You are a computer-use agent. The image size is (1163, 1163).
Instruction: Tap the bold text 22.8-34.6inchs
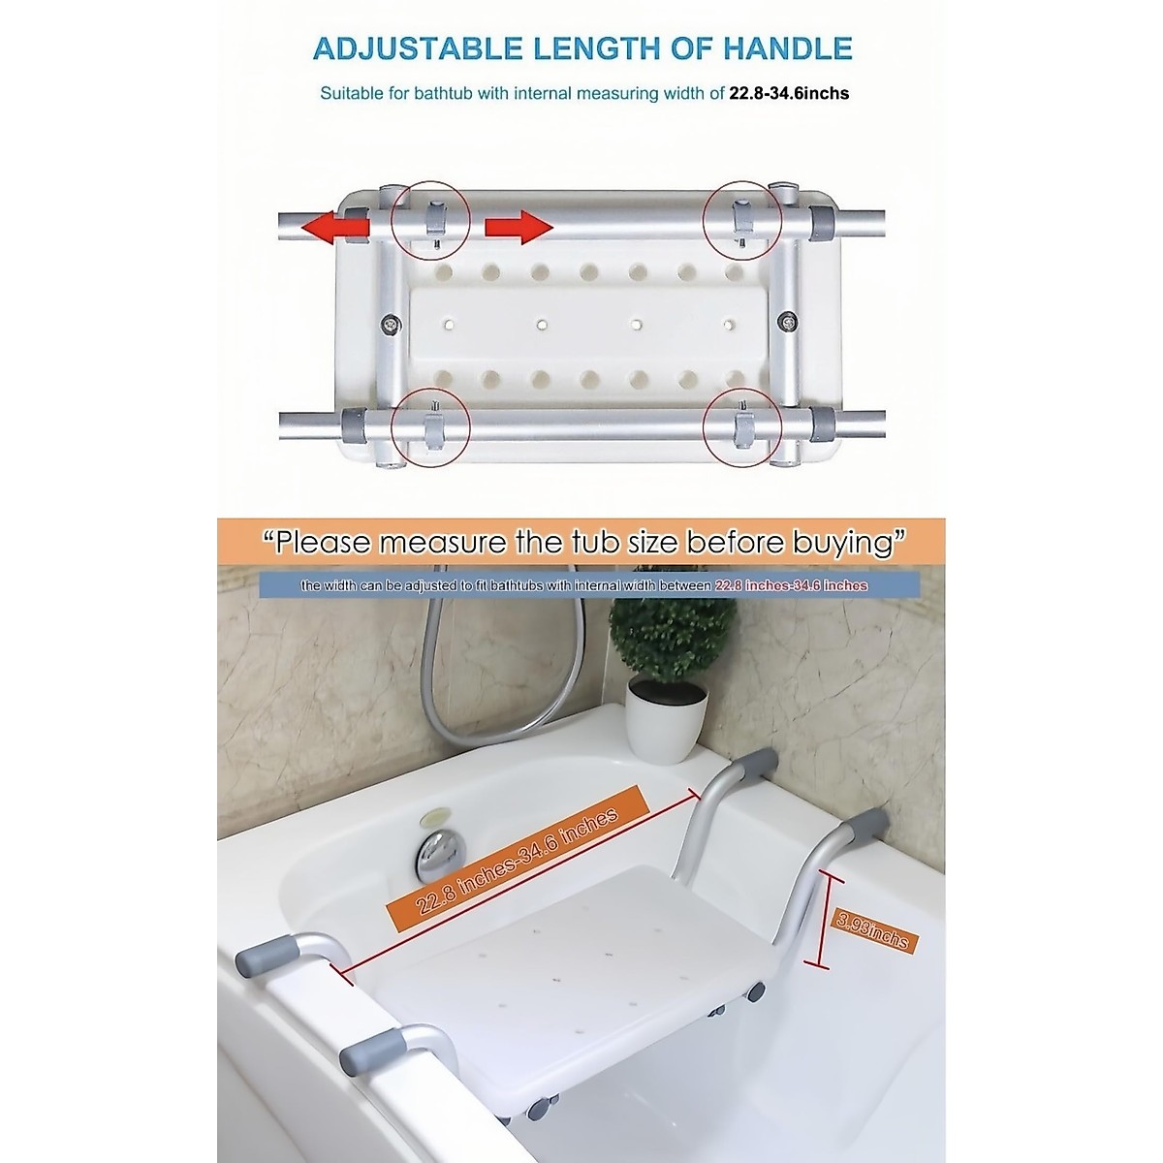pyautogui.click(x=789, y=94)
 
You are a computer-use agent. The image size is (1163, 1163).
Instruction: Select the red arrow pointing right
pyautogui.click(x=518, y=227)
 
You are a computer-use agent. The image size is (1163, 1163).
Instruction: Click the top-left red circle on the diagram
pyautogui.click(x=430, y=219)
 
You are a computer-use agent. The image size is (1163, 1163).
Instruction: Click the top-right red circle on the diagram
pyautogui.click(x=742, y=219)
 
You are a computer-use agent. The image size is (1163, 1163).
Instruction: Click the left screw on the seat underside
pyautogui.click(x=392, y=324)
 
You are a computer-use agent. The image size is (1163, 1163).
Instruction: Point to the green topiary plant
pyautogui.click(x=672, y=643)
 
